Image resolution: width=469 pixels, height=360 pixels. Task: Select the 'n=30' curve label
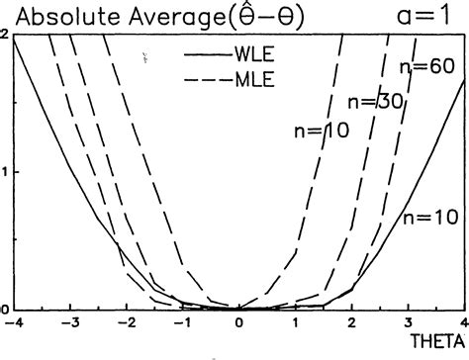pyautogui.click(x=373, y=100)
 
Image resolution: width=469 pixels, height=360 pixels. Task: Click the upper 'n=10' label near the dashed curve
pyautogui.click(x=323, y=130)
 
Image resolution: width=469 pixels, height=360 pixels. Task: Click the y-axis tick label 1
pyautogui.click(x=6, y=171)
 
